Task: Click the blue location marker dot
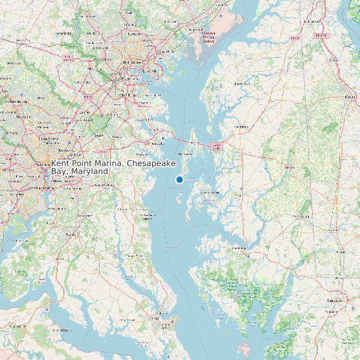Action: [179, 179]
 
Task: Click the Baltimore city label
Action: [132, 62]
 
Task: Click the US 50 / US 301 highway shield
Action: [215, 145]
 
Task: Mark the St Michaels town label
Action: [209, 192]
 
